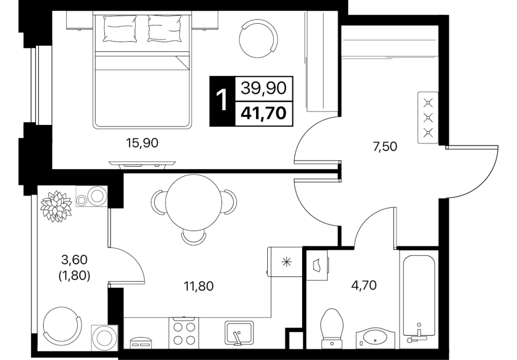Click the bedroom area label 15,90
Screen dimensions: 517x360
tap(142, 143)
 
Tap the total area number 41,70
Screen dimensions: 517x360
tap(264, 113)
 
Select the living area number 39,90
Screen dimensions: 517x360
tap(264, 88)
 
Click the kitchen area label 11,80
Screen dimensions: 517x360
tap(198, 286)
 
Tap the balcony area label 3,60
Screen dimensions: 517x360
tap(74, 260)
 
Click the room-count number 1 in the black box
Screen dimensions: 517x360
tap(222, 101)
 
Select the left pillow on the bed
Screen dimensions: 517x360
tap(120, 29)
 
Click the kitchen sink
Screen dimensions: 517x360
tap(239, 333)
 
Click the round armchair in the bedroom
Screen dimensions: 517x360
tap(258, 38)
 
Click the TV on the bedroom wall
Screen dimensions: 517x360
tap(142, 165)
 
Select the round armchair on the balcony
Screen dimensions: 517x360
tap(62, 325)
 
